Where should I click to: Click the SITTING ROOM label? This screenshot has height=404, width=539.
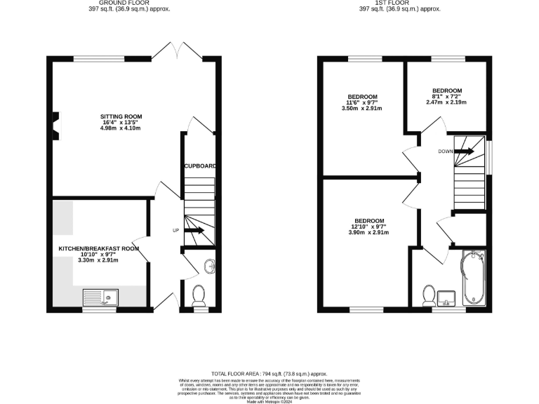click(x=122, y=116)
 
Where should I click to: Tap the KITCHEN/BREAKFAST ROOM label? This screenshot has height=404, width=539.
click(x=100, y=248)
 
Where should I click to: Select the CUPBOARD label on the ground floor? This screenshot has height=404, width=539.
click(x=200, y=166)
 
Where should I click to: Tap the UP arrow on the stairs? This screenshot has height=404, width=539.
click(x=194, y=230)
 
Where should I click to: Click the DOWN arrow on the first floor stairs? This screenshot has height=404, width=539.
click(x=465, y=151)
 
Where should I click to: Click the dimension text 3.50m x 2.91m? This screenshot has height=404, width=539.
click(x=362, y=109)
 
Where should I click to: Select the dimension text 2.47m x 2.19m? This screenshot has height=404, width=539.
click(x=446, y=103)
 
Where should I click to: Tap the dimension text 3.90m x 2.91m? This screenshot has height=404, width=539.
click(x=369, y=233)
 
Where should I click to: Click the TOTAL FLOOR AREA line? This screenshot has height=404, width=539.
click(x=269, y=375)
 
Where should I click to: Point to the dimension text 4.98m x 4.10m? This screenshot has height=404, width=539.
click(x=122, y=129)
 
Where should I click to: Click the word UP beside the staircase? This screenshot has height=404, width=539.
click(x=175, y=230)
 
